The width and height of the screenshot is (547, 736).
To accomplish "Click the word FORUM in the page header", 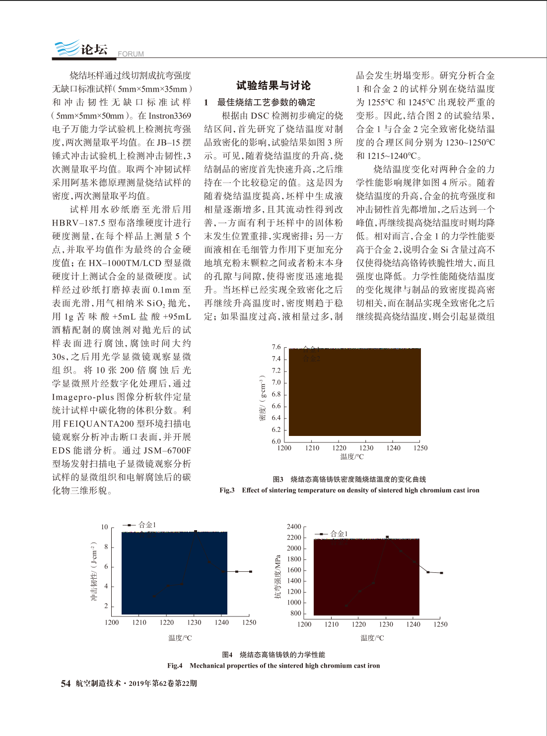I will [131, 54].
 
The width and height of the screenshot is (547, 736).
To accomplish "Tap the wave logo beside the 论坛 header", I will [67, 48].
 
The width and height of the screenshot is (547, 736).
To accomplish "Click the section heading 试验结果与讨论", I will [273, 85].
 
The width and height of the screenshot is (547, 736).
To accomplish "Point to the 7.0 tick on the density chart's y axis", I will [276, 382].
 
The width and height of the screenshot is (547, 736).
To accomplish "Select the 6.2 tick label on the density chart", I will [276, 429].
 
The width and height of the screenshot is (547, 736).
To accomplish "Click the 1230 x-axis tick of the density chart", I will [366, 448].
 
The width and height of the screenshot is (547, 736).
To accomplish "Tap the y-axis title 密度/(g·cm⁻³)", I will [262, 398].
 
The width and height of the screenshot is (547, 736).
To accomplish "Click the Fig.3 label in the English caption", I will [227, 490].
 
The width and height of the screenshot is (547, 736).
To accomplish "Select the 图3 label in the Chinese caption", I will [278, 479].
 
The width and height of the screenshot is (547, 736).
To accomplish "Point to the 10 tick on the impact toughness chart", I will [104, 527].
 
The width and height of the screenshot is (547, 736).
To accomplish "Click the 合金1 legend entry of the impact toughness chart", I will [147, 524].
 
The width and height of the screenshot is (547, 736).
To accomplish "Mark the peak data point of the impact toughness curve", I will [196, 531].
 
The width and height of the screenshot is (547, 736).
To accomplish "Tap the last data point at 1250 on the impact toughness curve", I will [251, 571].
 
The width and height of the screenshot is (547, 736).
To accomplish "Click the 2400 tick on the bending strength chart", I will [294, 527].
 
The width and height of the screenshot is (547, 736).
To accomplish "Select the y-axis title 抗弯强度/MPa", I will [278, 576].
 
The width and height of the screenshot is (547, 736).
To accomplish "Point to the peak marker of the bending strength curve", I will [387, 537].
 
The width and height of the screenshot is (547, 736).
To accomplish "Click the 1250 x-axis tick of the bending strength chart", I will [440, 624].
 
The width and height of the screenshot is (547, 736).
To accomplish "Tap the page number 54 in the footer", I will [66, 683].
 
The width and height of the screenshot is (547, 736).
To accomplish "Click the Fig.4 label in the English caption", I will [175, 666].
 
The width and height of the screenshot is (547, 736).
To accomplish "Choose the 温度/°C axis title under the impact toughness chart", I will [180, 638].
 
